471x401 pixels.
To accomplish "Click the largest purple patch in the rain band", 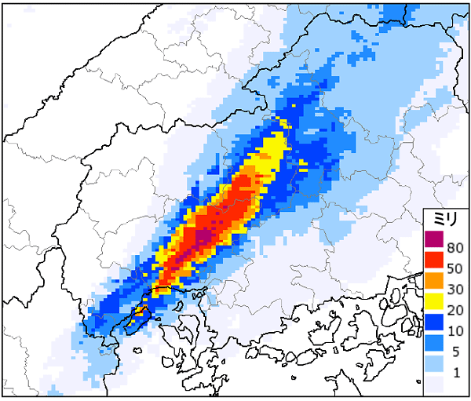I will [204, 236].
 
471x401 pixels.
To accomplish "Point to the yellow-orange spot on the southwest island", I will [138, 313].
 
